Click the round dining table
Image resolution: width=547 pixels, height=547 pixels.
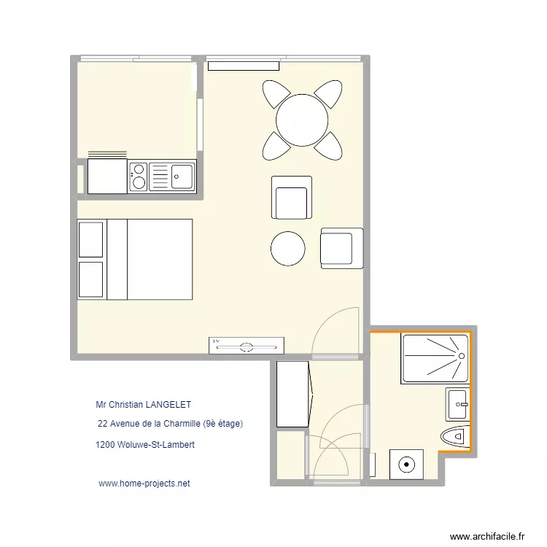[301, 120]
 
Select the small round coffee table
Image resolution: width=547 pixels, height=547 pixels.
[288, 249]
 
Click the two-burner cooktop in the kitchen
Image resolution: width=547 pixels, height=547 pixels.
[139, 176]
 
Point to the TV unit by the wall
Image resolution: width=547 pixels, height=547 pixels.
[247, 345]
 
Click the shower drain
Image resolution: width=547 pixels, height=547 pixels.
[461, 355]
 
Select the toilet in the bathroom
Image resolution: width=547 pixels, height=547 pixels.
[454, 437]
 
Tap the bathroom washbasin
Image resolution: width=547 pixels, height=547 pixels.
[457, 403]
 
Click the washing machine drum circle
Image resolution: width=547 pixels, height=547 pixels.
[406, 462]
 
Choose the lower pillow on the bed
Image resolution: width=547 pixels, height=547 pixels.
[91, 279]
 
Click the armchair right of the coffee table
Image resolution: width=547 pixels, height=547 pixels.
[341, 247]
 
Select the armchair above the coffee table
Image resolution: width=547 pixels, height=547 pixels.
[292, 198]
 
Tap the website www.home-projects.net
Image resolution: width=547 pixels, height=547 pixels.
[144, 484]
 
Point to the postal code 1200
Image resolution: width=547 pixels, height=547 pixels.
[104, 443]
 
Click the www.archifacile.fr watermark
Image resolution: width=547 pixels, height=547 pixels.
[487, 536]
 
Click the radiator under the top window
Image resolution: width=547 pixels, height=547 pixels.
[244, 66]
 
